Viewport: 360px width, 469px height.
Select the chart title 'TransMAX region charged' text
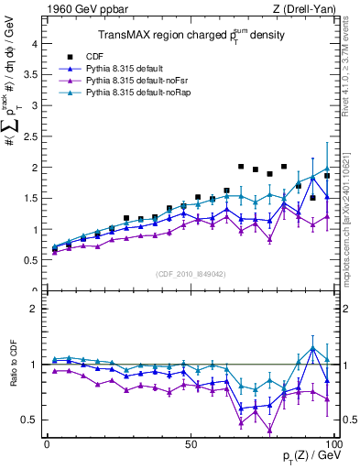pos(161,36)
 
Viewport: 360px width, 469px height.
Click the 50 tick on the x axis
pos(191,443)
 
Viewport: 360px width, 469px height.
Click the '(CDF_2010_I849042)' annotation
pos(191,274)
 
